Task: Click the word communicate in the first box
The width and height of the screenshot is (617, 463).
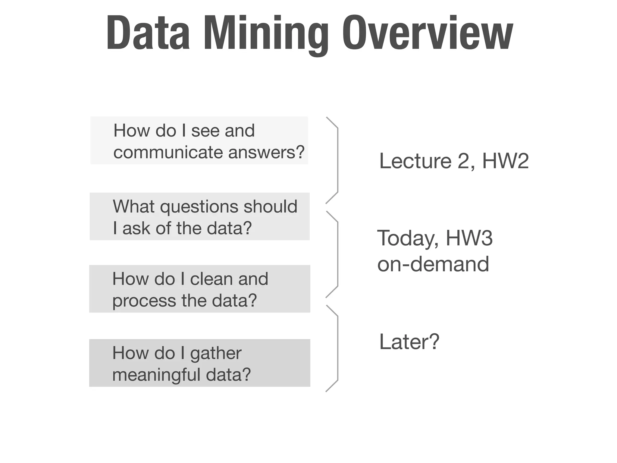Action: (168, 152)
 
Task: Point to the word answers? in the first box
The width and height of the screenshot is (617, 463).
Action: (267, 152)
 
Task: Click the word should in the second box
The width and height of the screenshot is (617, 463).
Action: (271, 206)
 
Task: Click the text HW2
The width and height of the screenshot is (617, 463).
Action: (506, 161)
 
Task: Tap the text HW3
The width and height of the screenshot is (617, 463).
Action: (469, 238)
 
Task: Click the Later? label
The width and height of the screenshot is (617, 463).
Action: (409, 342)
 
